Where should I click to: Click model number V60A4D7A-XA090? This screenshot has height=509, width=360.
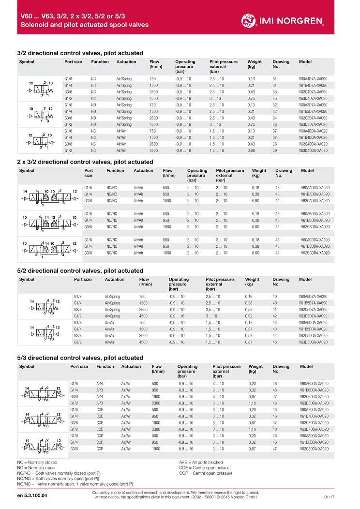click(x=313, y=78)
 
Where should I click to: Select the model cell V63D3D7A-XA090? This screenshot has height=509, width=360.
click(x=313, y=124)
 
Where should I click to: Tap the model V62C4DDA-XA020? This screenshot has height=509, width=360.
click(x=313, y=144)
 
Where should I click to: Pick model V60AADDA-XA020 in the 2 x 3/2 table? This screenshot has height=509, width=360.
click(x=315, y=187)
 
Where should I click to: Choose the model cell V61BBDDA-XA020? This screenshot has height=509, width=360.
click(x=315, y=220)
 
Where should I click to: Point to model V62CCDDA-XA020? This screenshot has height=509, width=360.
click(x=315, y=253)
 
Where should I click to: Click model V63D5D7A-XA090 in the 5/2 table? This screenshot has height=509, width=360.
click(x=313, y=316)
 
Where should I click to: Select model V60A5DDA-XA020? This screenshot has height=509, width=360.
click(x=313, y=322)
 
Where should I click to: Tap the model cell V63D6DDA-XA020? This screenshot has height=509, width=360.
click(x=314, y=403)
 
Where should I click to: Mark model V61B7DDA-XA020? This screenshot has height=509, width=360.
click(x=314, y=416)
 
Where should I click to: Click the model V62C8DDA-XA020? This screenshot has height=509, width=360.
click(x=314, y=449)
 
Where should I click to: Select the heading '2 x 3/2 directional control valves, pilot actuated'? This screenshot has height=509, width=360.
click(x=85, y=162)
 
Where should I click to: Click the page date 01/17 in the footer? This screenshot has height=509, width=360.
click(x=330, y=496)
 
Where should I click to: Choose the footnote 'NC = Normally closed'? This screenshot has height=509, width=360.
click(x=36, y=463)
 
